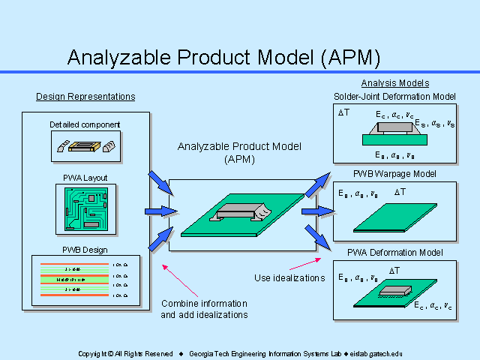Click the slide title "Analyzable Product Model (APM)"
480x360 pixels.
coord(223,57)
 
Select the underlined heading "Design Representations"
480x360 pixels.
coord(85,97)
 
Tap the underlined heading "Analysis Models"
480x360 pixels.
coord(395,83)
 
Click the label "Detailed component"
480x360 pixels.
coord(85,124)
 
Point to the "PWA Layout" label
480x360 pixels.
coord(85,178)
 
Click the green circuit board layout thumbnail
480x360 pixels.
coord(85,208)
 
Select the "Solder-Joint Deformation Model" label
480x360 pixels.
coord(394,96)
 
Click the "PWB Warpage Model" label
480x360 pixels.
coord(394,174)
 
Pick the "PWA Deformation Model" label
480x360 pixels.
coord(394,251)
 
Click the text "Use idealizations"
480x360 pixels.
coord(289,278)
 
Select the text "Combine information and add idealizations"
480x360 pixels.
coord(204,309)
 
